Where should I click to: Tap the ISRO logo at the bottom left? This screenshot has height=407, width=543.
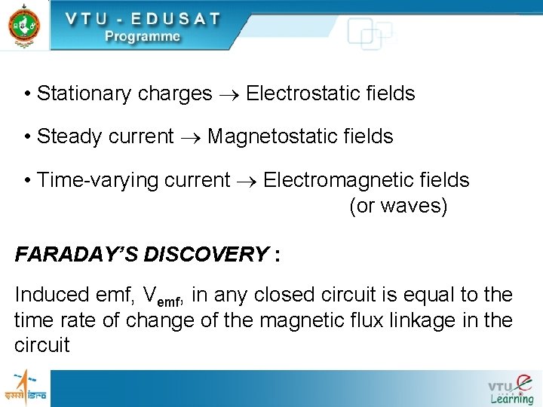pos(25,388)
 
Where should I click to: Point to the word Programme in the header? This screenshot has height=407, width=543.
pos(143,36)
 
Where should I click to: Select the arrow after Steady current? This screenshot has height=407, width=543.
pos(191,137)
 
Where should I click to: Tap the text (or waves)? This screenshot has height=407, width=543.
pos(398,206)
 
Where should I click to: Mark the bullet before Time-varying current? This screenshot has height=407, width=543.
pos(27,181)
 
